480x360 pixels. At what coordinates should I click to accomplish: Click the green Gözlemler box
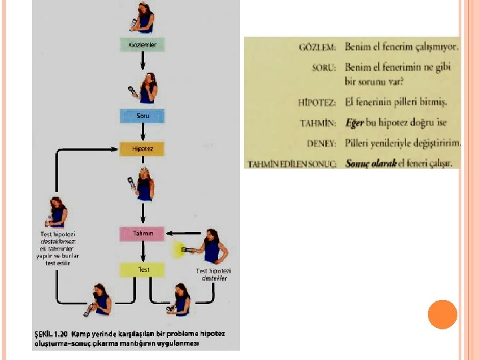[x=142, y=45]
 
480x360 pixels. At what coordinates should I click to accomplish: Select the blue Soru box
[x=142, y=115]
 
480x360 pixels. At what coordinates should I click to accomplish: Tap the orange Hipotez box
[x=142, y=149]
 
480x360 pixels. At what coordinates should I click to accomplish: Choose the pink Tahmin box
[x=142, y=233]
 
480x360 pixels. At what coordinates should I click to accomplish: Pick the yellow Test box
[x=142, y=270]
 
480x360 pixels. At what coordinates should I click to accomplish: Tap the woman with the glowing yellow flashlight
[x=210, y=247]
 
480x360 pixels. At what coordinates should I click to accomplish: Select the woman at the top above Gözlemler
[x=144, y=17]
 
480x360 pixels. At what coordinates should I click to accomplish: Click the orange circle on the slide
[x=442, y=314]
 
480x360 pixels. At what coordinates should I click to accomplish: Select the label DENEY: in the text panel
[x=323, y=142]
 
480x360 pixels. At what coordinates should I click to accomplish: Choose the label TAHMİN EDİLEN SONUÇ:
[x=293, y=163]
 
